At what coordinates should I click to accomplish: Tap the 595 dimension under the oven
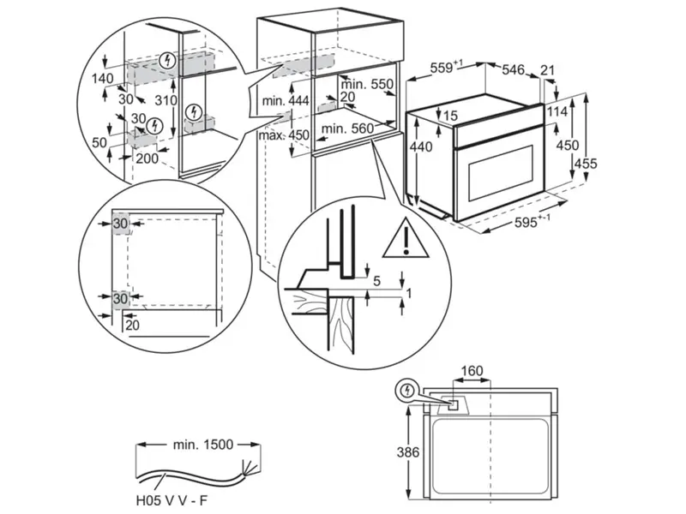[x=532, y=223]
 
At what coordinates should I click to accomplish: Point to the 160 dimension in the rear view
[x=472, y=371]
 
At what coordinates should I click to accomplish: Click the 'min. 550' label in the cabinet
[x=368, y=84]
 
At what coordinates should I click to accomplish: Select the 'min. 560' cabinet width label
[x=349, y=129]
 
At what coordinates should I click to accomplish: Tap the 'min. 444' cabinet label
[x=286, y=102]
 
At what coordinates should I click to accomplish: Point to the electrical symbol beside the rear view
[x=409, y=391]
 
